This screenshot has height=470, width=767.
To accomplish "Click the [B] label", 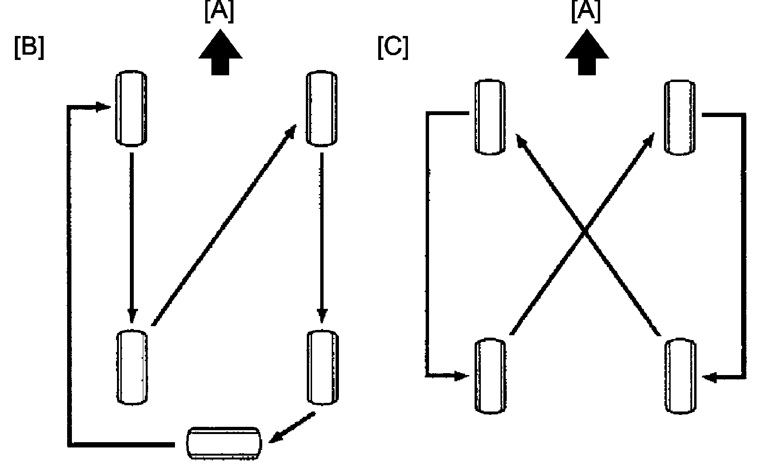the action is [29, 47].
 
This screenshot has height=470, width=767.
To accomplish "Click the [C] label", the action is [393, 47].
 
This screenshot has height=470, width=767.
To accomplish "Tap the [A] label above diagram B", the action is [219, 12].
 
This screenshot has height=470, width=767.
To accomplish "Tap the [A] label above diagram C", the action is [586, 12].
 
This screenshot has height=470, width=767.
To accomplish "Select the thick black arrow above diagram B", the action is [221, 52].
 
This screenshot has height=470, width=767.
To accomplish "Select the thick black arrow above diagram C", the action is [587, 52].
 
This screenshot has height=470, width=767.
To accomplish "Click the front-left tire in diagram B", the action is [131, 108].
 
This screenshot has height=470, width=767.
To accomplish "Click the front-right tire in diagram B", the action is [322, 108].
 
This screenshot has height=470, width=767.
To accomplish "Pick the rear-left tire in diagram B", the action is [132, 367].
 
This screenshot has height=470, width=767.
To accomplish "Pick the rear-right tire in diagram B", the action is [323, 367].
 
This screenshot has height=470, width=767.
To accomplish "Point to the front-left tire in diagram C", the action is [490, 117].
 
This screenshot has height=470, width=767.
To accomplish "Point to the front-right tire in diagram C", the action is [680, 117].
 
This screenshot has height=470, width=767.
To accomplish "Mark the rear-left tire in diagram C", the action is [491, 376].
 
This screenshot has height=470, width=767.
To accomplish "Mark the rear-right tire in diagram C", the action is [681, 376].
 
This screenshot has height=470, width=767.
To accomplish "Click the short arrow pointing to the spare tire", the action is [292, 427].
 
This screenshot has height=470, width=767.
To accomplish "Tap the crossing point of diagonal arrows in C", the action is [585, 233].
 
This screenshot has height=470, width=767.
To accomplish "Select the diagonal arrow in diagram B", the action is [224, 225].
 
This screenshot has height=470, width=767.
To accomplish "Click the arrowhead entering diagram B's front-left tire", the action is [103, 107].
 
